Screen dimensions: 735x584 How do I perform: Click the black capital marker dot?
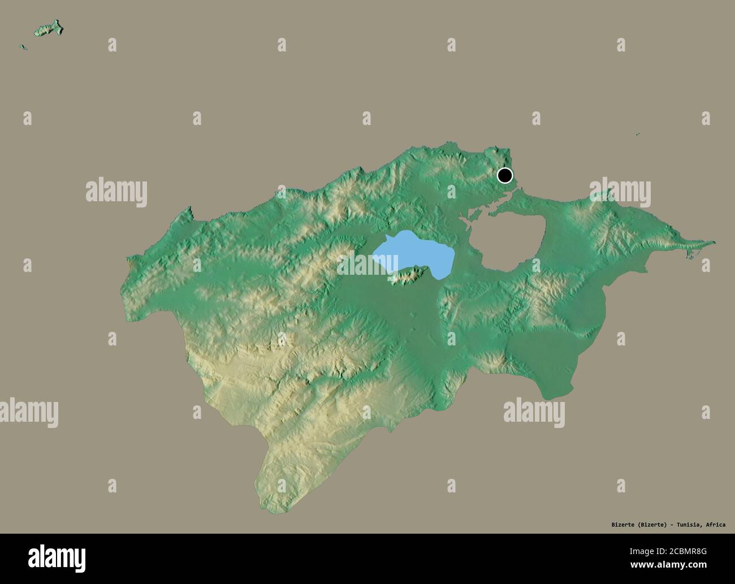pyautogui.click(x=504, y=176)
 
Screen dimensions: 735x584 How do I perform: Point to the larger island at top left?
pyautogui.click(x=49, y=28)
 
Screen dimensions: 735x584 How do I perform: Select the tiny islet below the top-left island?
pyautogui.click(x=23, y=47)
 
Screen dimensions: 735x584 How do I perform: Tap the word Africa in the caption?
pyautogui.click(x=715, y=525)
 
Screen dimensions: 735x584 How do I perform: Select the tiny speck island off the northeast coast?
pyautogui.click(x=637, y=135)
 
